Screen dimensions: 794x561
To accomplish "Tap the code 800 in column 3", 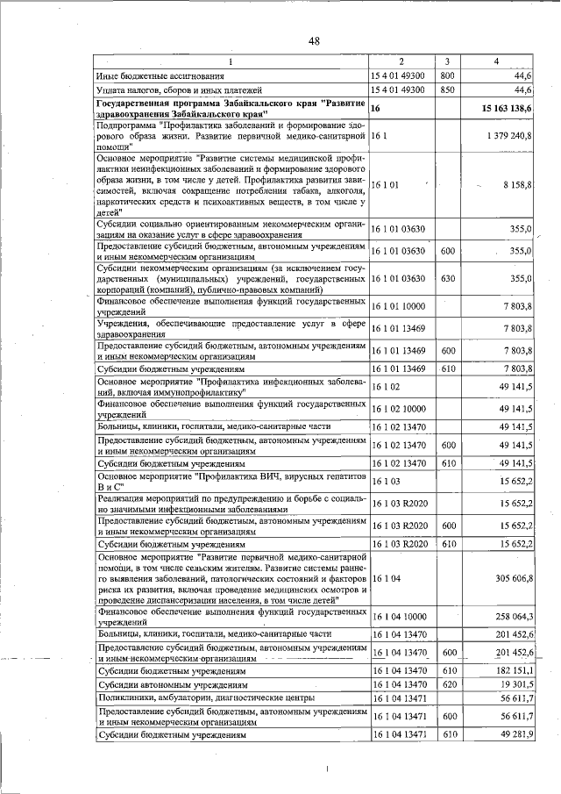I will coord(446,77).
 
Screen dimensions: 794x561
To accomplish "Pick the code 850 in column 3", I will coord(446,90).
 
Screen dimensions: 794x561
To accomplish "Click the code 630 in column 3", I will coord(446,278).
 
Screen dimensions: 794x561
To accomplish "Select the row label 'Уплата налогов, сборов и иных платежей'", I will coord(180,90).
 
